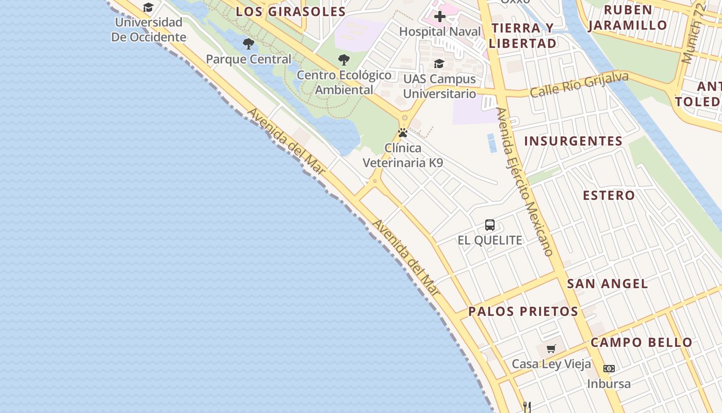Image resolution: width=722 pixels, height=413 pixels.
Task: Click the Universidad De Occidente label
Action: coord(149,29)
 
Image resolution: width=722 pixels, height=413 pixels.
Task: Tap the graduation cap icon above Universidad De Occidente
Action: coord(149,7)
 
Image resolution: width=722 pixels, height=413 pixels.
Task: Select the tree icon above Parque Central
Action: coord(249,44)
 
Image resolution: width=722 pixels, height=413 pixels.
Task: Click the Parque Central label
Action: coord(249,59)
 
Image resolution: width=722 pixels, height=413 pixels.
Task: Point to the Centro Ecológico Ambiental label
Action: coord(344,82)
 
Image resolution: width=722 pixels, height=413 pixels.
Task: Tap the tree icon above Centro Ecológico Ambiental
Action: coord(344,60)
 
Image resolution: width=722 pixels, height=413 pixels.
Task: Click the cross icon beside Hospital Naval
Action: coord(439,17)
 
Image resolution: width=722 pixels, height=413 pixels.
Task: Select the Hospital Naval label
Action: coord(440,31)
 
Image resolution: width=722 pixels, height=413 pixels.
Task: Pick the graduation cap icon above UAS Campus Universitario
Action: coord(439,63)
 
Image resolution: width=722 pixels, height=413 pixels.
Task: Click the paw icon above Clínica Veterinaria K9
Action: coord(403,133)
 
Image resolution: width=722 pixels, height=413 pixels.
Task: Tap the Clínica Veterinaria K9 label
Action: coord(403,155)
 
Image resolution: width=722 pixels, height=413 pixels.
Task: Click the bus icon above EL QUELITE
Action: coord(490,225)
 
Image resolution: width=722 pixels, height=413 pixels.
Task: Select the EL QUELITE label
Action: coord(490,240)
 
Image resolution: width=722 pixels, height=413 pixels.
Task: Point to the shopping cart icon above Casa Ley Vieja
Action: coord(551,348)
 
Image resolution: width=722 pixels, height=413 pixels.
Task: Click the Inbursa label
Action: coord(609,384)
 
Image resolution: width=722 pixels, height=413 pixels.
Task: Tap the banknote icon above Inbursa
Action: coord(609,369)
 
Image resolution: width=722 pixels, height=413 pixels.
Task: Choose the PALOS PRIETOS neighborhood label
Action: coord(523,311)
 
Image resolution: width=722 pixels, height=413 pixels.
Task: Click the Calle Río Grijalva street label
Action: coord(579,85)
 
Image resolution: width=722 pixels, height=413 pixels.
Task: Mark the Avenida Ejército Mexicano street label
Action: coord(524,182)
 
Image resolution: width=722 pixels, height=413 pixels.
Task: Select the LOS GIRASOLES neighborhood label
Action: coord(291,12)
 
